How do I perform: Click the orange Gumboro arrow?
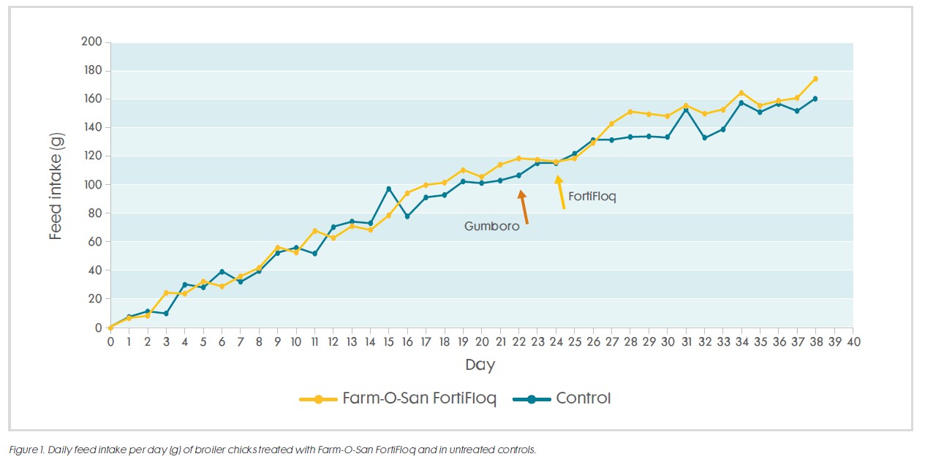pyautogui.click(x=523, y=207)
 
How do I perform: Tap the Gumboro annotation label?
pyautogui.click(x=491, y=227)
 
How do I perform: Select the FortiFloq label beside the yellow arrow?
pyautogui.click(x=592, y=197)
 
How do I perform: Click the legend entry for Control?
pyautogui.click(x=562, y=398)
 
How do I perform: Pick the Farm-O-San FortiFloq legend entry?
pyautogui.click(x=399, y=399)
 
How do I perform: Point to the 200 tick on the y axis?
pyautogui.click(x=91, y=42)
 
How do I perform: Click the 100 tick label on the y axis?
pyautogui.click(x=91, y=184)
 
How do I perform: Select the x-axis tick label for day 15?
pyautogui.click(x=388, y=341)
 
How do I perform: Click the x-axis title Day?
pyautogui.click(x=480, y=364)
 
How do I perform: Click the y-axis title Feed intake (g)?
pyautogui.click(x=56, y=185)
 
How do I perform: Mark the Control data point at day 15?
pyautogui.click(x=388, y=189)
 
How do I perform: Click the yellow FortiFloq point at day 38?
pyautogui.click(x=815, y=79)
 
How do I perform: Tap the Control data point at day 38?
pyautogui.click(x=815, y=99)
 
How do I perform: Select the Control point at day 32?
pyautogui.click(x=704, y=137)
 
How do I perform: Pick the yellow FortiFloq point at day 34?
pyautogui.click(x=741, y=93)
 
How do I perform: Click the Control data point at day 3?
pyautogui.click(x=166, y=314)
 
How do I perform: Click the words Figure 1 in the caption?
pyautogui.click(x=25, y=450)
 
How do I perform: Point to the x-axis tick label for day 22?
pyautogui.click(x=518, y=341)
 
